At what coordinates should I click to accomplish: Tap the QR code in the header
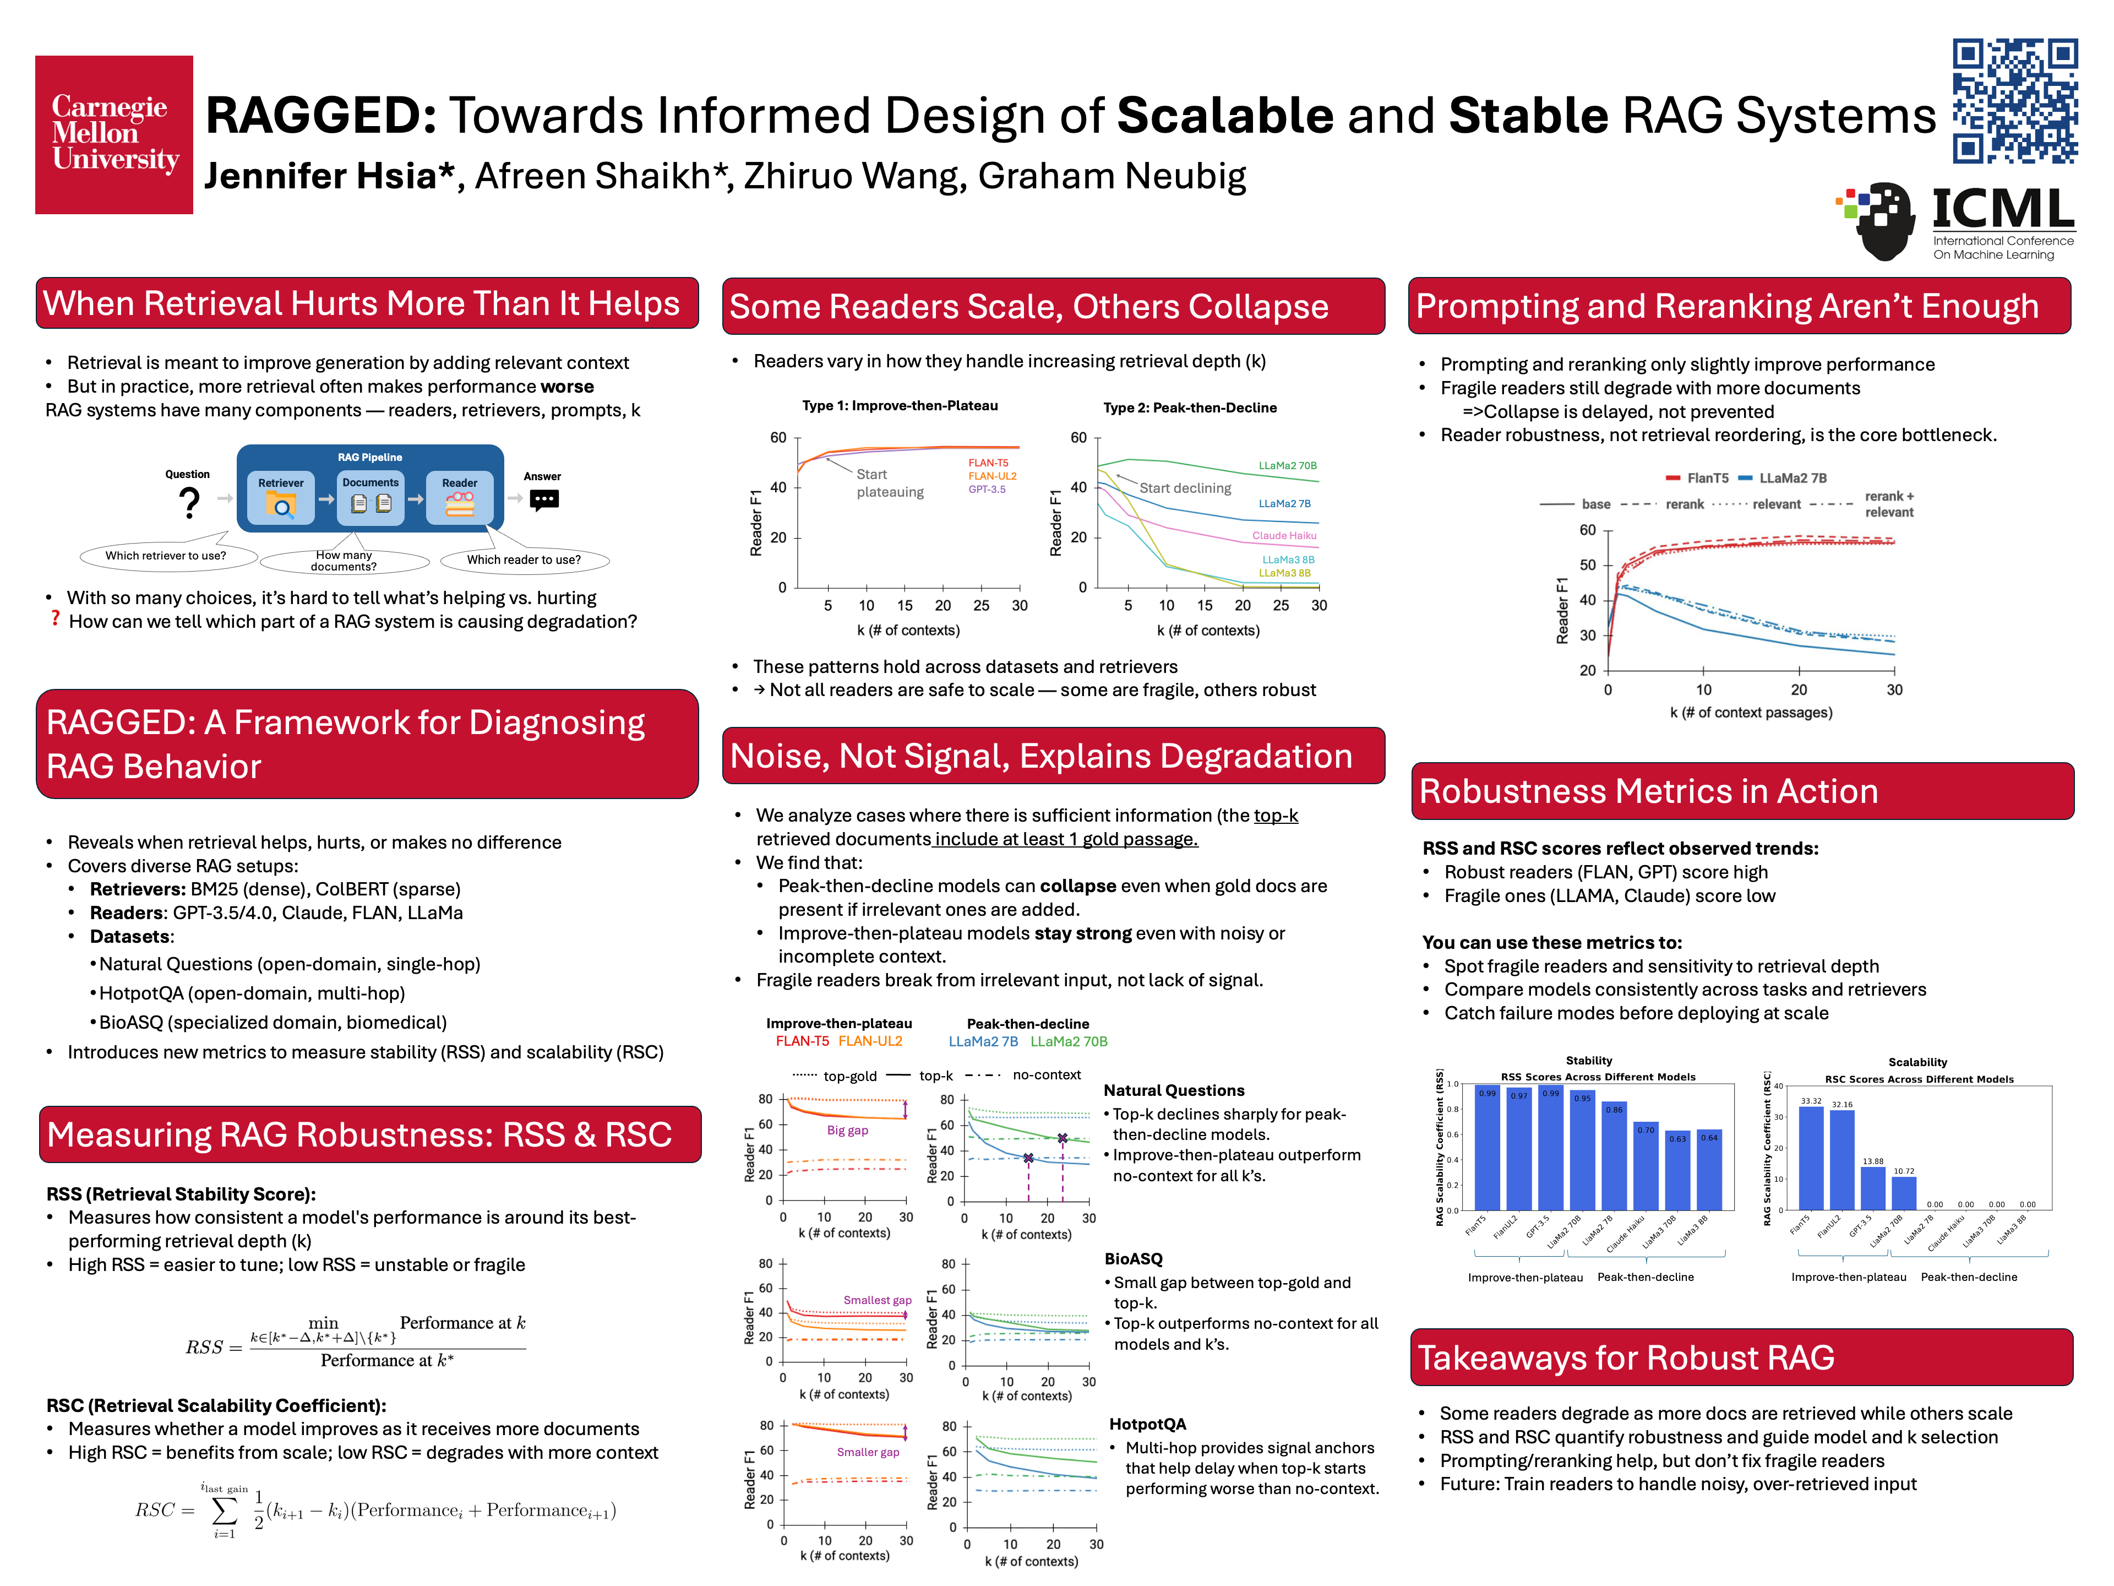point(2014,100)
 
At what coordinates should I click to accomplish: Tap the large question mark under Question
point(189,502)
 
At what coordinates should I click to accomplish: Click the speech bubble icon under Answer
point(544,500)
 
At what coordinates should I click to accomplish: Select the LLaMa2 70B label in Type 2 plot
point(1287,465)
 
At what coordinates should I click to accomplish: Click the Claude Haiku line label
point(1283,535)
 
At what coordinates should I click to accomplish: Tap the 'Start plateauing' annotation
point(889,483)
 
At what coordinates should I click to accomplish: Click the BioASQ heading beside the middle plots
point(1134,1259)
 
